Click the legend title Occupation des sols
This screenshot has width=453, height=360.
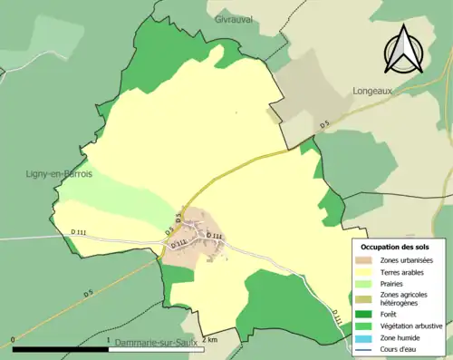tap(396, 247)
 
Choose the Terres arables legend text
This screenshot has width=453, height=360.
tap(404, 271)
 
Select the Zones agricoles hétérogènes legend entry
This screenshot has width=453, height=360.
tap(405, 298)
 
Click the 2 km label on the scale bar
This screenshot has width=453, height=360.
tap(209, 339)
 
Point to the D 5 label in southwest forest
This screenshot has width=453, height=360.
tap(89, 293)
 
